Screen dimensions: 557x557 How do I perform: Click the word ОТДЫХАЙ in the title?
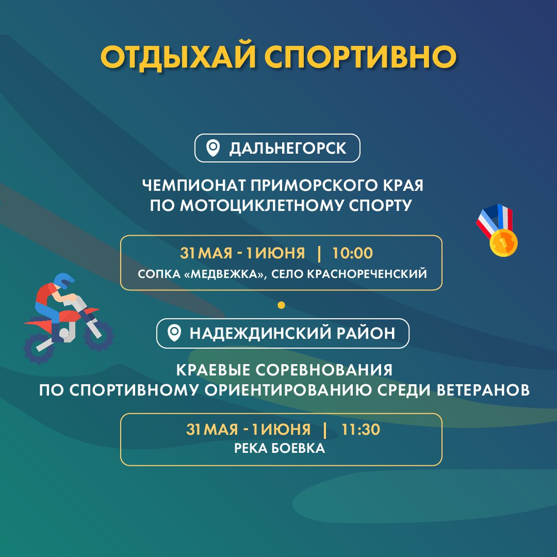(x=178, y=57)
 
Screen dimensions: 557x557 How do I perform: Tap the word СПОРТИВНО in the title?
(x=361, y=57)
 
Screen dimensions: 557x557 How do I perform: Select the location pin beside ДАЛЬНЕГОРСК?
(x=213, y=148)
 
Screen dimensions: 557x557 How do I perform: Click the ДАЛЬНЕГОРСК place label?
(x=288, y=149)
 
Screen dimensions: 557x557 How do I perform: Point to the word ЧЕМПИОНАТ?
(x=194, y=185)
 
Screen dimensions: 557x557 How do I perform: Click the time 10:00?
(x=352, y=253)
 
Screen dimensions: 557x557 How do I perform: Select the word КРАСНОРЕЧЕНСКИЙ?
(x=367, y=274)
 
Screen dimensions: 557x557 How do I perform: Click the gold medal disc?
(x=503, y=242)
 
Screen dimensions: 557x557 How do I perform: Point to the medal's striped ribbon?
(x=495, y=219)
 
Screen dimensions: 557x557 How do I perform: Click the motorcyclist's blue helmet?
(x=63, y=280)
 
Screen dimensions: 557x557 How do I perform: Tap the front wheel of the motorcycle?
(x=99, y=335)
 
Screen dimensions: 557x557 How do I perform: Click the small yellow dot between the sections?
(x=282, y=305)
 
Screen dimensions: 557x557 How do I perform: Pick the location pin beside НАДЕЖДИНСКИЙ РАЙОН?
(x=174, y=333)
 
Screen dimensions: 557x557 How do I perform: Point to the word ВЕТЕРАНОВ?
(x=483, y=390)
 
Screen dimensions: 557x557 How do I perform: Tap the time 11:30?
(x=361, y=429)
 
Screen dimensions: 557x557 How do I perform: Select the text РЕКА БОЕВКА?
(x=280, y=448)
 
